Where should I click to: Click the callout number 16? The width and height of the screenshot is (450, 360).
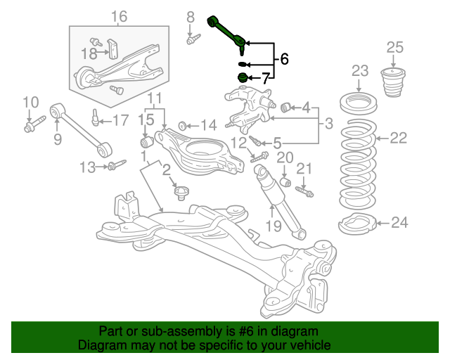(119, 17)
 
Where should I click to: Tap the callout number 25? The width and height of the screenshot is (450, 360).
(395, 47)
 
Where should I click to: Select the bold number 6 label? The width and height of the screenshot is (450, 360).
(284, 59)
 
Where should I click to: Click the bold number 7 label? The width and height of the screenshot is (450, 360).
(265, 78)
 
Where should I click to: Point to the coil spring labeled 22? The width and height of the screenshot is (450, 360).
(358, 165)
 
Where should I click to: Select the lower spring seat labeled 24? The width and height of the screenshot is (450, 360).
(358, 224)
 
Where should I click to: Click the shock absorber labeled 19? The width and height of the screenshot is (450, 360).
(280, 201)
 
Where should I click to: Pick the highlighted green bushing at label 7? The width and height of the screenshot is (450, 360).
(243, 78)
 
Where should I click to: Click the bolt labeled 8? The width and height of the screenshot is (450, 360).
(194, 39)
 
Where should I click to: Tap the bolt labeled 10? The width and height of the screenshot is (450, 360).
(34, 124)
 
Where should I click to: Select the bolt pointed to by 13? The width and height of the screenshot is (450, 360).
(117, 165)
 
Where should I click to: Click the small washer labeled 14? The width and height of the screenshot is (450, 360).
(182, 126)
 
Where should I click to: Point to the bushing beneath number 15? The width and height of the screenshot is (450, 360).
(147, 141)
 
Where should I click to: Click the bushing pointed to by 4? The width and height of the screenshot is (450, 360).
(285, 107)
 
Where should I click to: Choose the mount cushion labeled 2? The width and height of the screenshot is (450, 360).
(181, 193)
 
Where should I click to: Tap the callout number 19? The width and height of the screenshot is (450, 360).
(274, 226)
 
